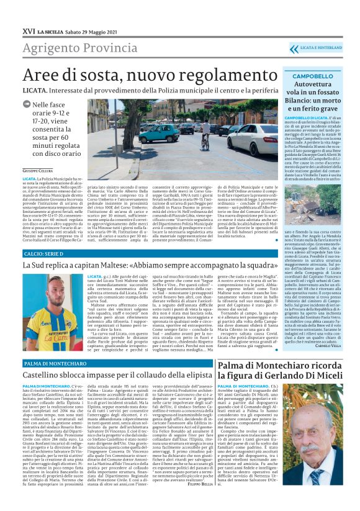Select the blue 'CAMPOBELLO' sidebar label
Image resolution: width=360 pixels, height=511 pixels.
tap(304, 76)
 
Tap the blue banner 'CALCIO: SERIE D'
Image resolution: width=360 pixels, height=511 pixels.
tap(46, 255)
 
